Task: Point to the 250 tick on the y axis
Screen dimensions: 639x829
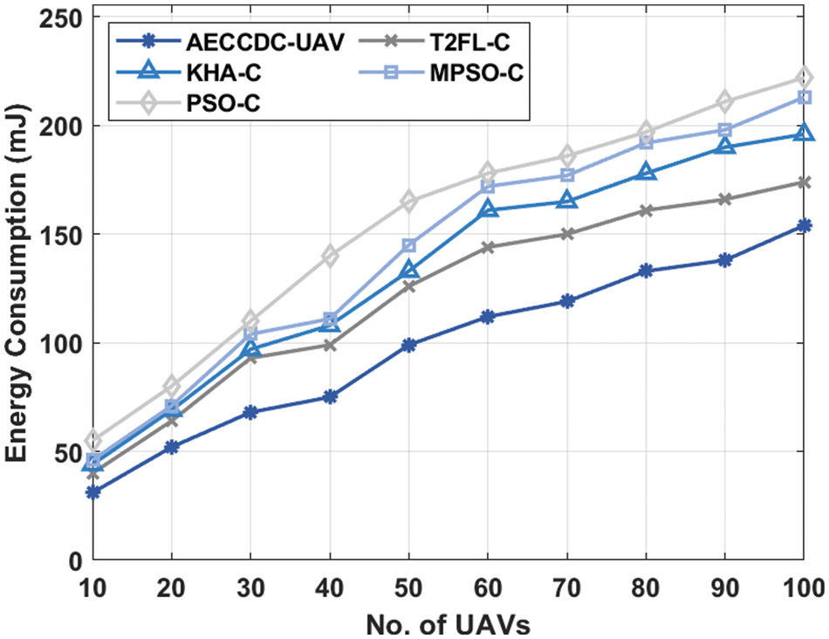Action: click(x=59, y=17)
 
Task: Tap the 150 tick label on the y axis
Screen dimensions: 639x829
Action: click(x=59, y=235)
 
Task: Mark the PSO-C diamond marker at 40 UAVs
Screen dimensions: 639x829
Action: click(x=330, y=256)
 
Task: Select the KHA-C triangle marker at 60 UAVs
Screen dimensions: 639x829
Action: click(x=488, y=210)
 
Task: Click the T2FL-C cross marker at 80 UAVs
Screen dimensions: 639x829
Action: click(x=646, y=210)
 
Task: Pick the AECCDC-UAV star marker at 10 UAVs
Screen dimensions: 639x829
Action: click(x=93, y=492)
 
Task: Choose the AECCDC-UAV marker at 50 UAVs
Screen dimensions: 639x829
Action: click(x=409, y=345)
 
